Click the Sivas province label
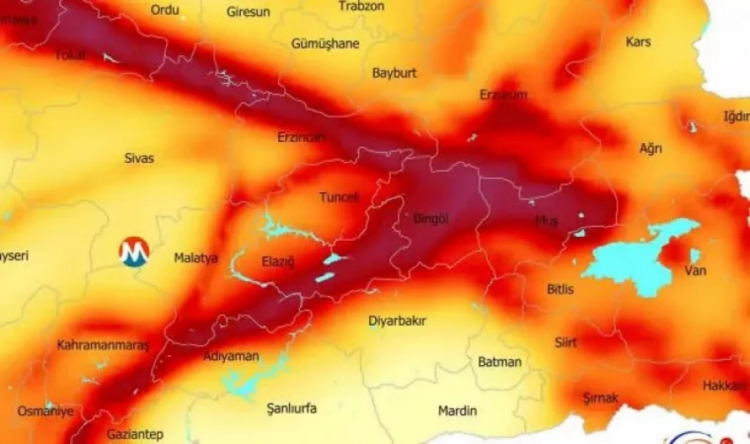coord(139,158)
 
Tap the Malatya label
coord(196,258)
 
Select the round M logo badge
coord(134,252)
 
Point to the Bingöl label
coord(431,219)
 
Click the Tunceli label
coord(339,197)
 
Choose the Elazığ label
coord(278,262)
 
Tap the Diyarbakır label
coord(397,321)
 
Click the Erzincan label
coord(301,137)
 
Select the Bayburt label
coord(394,73)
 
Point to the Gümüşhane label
coord(325,44)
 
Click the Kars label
coord(638,42)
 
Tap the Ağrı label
coord(651,148)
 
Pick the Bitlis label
coord(560,290)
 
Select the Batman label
coord(499,362)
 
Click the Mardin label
coord(457,411)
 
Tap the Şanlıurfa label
coord(291,408)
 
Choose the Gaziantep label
coord(135,434)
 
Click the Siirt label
coord(565,343)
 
